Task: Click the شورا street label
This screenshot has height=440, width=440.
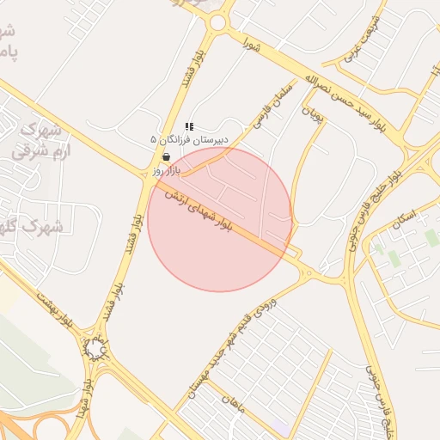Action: [x=251, y=43]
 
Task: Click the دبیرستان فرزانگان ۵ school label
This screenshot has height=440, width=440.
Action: [x=190, y=138]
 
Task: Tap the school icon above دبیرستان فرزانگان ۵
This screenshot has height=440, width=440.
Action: [x=189, y=125]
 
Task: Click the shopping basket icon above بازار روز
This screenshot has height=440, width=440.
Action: [x=166, y=156]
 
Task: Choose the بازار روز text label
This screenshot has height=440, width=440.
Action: [x=170, y=169]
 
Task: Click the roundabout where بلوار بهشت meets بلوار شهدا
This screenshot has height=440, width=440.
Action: [x=95, y=349]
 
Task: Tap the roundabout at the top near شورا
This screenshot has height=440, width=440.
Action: [x=218, y=22]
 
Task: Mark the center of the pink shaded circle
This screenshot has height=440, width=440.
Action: [x=220, y=219]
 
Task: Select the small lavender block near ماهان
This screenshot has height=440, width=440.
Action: [x=281, y=426]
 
